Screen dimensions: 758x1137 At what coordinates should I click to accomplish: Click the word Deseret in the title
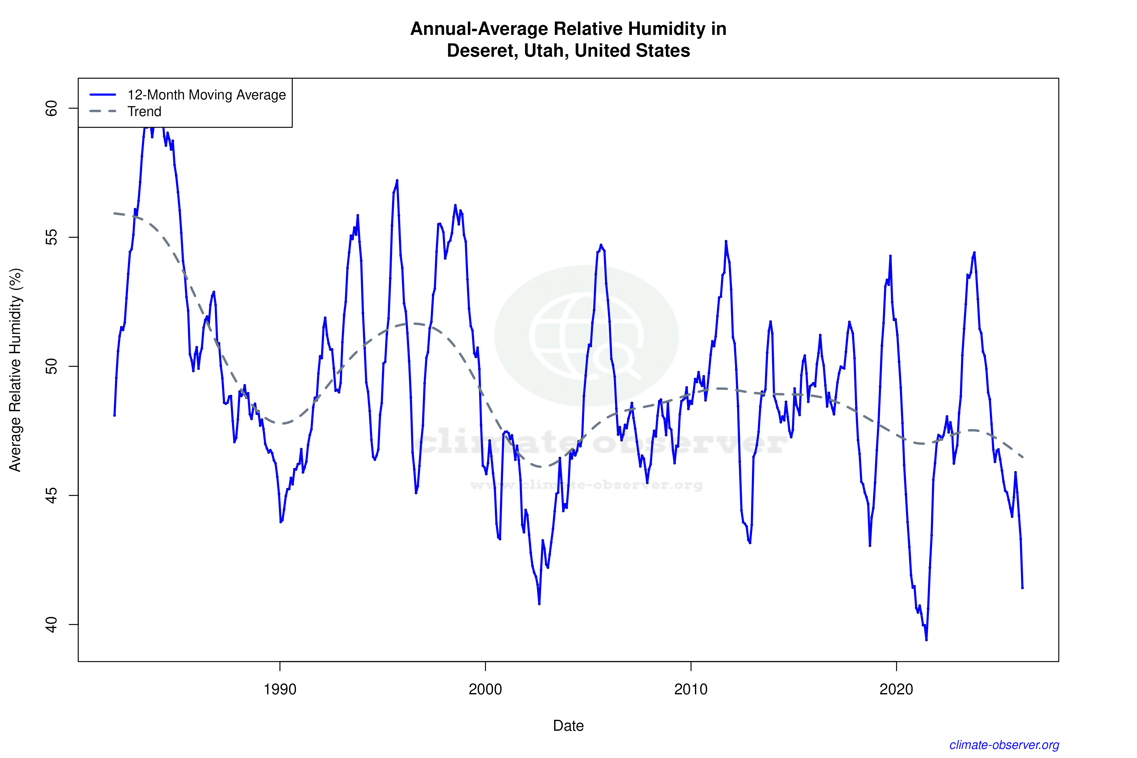481,51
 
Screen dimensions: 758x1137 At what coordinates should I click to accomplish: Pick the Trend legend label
144,112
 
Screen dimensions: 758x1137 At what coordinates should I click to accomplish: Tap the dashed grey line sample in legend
103,112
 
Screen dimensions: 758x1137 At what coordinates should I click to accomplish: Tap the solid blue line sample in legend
103,95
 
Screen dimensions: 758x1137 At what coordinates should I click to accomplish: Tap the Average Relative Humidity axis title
15,370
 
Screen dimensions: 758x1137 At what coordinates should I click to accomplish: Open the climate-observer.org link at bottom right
1004,745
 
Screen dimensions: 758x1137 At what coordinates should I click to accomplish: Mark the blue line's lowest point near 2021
926,639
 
